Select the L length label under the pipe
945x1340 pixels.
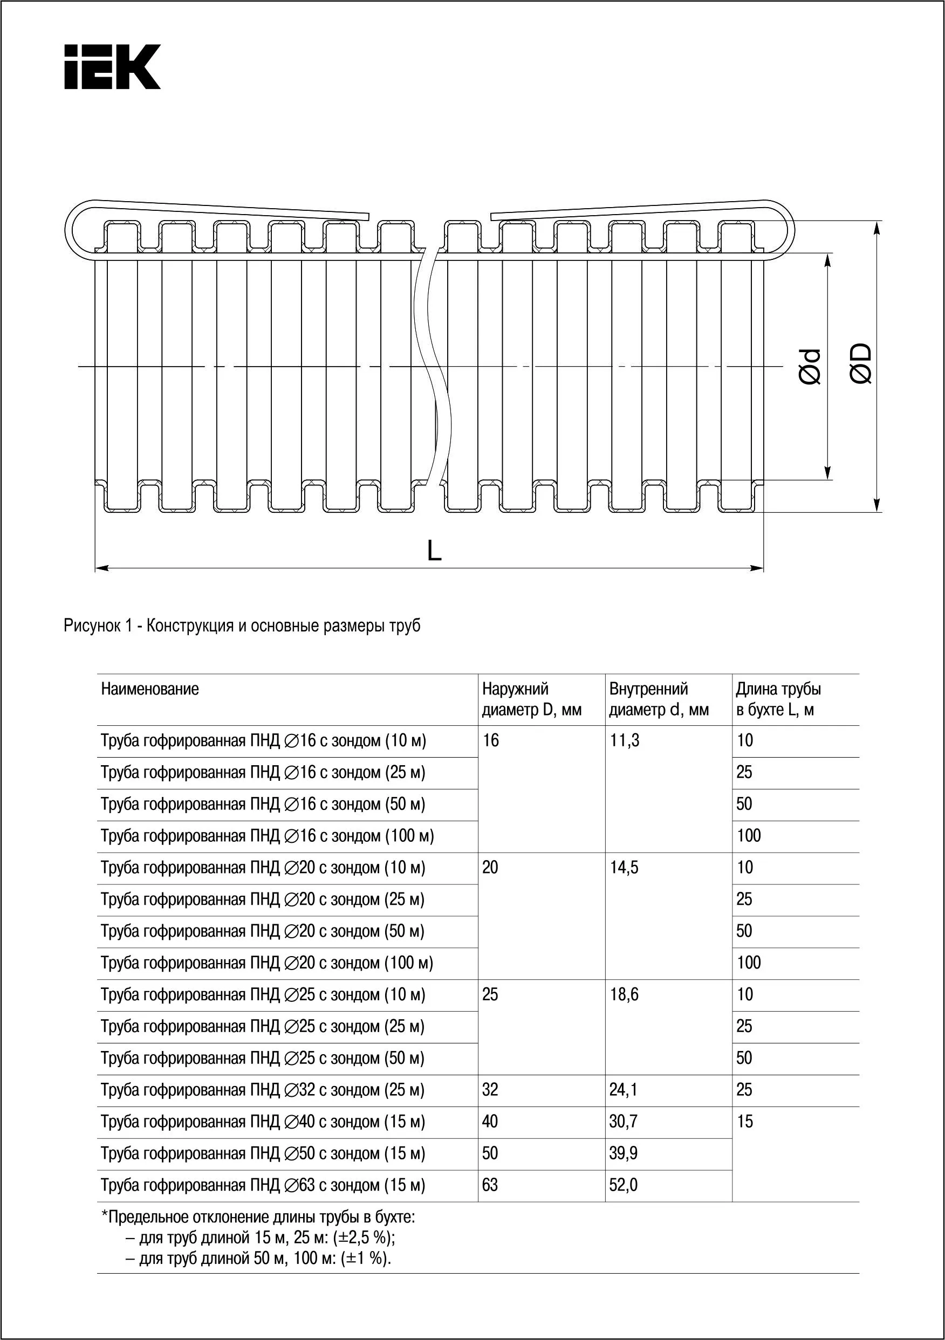coord(434,550)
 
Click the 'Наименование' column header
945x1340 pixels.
coord(150,689)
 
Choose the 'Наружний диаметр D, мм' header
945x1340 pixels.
coord(531,699)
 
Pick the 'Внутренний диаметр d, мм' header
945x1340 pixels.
coord(659,699)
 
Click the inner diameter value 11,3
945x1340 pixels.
coord(624,740)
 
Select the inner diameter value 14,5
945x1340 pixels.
coord(624,868)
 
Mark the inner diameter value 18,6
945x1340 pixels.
coord(624,994)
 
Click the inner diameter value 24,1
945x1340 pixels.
coord(624,1090)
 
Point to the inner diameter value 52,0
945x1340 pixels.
coord(624,1185)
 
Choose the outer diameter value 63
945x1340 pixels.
coord(490,1185)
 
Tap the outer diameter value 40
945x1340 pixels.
coord(490,1121)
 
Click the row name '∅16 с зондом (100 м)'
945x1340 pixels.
coord(268,836)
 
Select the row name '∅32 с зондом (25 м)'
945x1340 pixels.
coord(263,1090)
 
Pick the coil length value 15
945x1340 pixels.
coord(745,1121)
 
